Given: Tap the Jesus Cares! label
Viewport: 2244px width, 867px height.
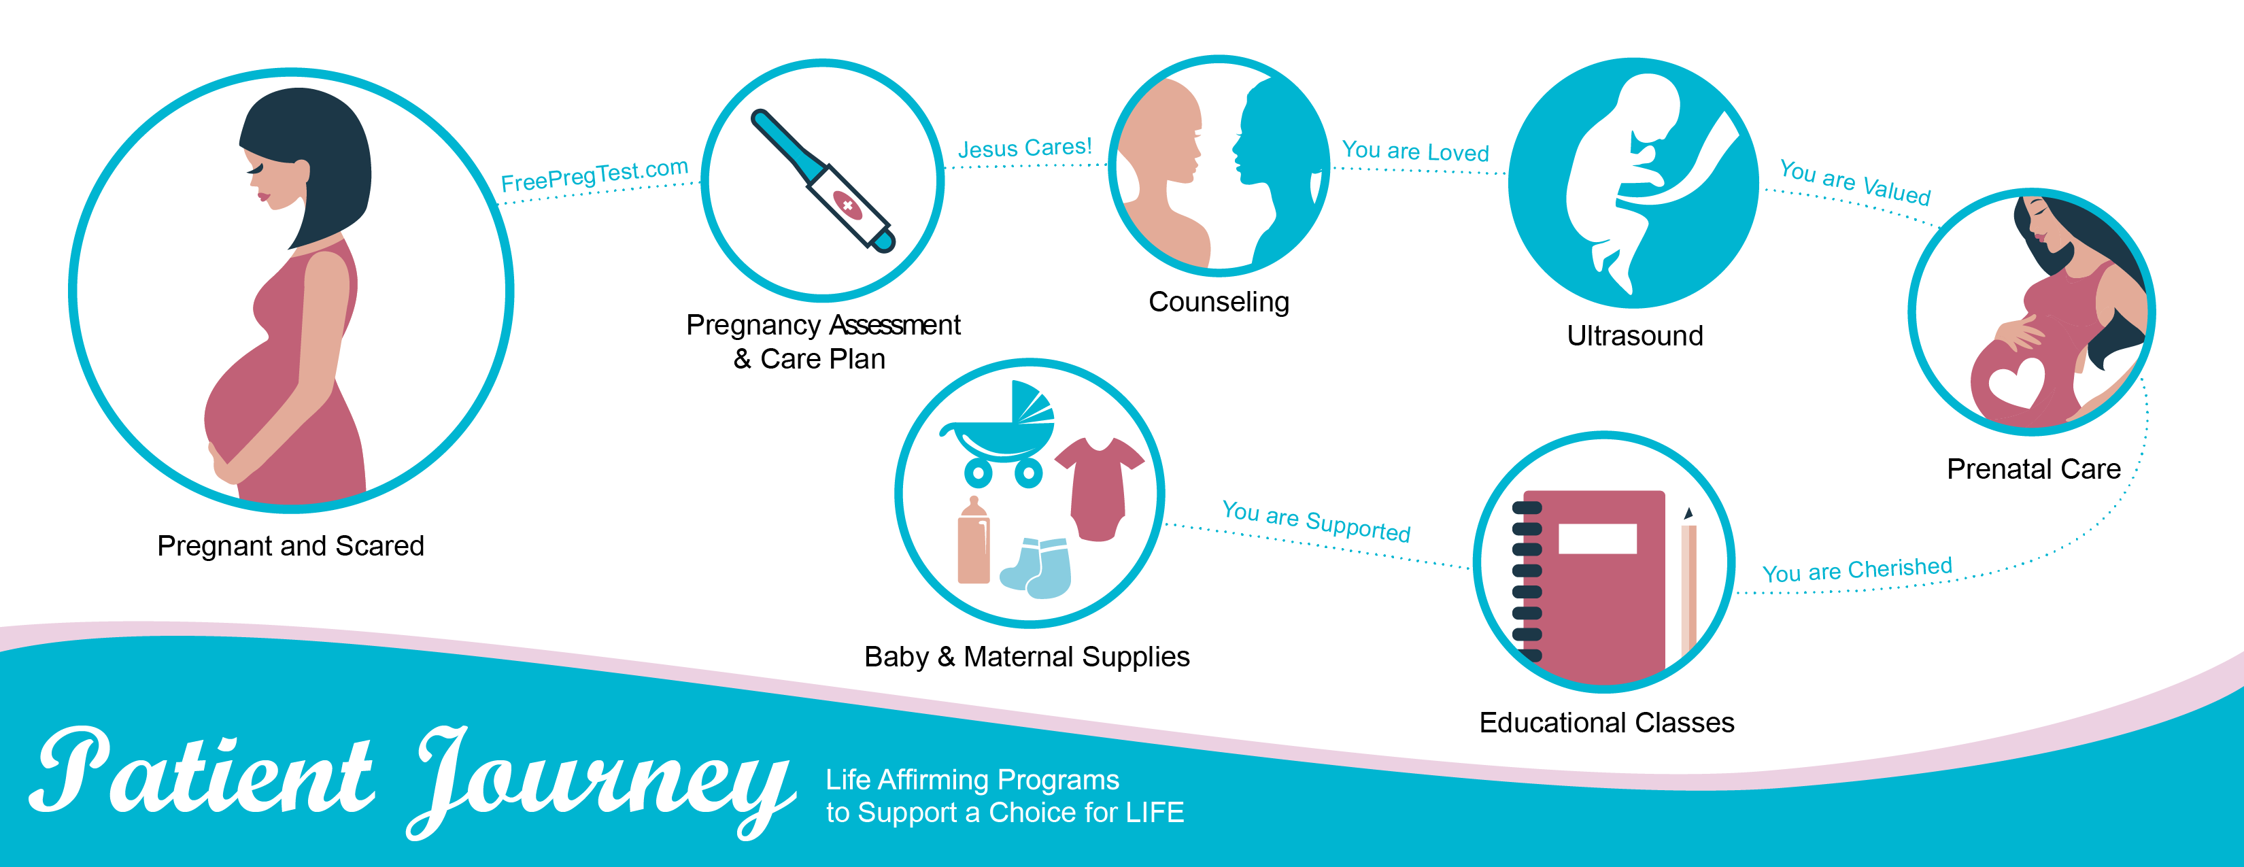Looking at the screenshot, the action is click(1025, 148).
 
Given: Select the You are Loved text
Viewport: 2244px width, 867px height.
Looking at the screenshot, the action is click(1416, 151).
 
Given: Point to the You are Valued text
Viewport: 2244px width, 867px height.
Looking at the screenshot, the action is click(1854, 182).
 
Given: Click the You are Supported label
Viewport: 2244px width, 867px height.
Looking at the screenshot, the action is click(1316, 521).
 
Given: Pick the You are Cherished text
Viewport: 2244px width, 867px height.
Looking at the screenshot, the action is click(1857, 570).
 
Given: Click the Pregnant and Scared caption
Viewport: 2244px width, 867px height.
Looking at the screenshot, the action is click(291, 546).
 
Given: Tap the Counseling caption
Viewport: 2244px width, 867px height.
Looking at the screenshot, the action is click(1219, 301).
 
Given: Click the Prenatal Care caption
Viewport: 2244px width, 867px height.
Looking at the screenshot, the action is click(2034, 469).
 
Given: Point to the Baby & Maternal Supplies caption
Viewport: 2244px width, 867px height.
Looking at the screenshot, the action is click(1027, 656).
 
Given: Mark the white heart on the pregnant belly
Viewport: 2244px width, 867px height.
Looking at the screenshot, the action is click(2015, 381).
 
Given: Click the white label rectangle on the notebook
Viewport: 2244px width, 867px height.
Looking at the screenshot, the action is click(1597, 539).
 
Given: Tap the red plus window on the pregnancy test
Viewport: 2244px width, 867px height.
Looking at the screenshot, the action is click(847, 205).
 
